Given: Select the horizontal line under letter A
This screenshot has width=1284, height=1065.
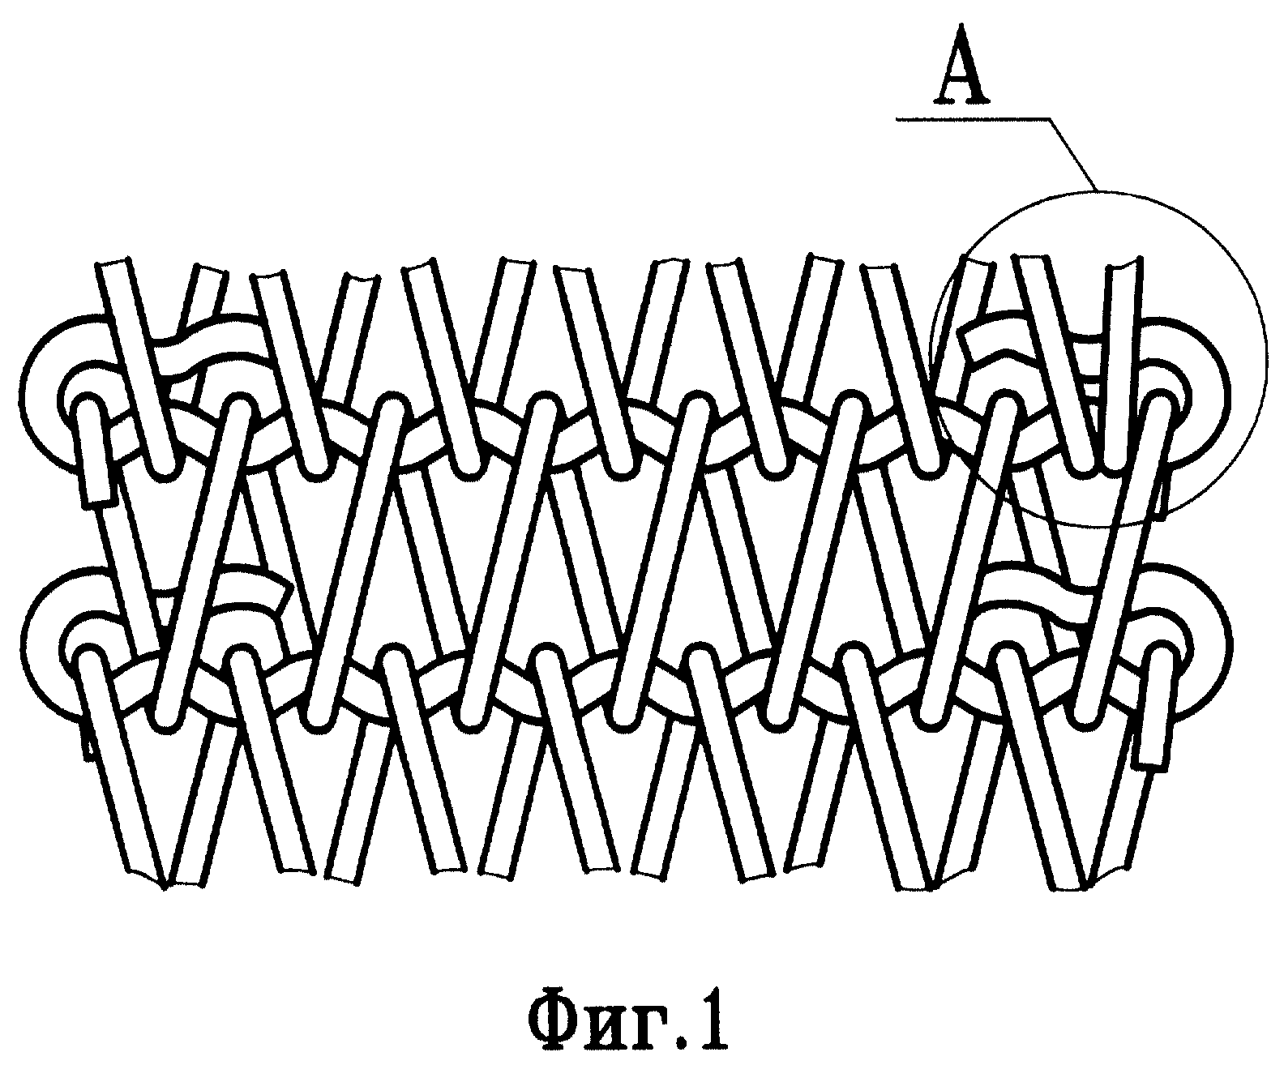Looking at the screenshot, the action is point(973,118).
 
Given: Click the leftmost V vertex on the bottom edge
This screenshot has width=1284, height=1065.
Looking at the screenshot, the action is point(165,888).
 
